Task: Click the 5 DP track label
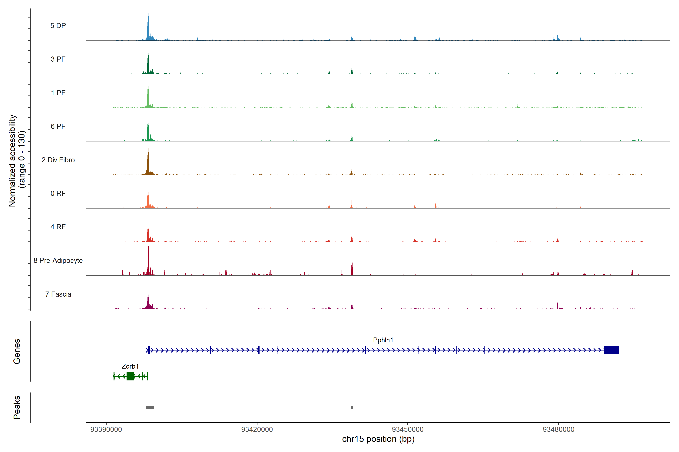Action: [x=58, y=26]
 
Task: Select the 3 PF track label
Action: [x=58, y=59]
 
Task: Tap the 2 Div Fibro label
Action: [x=58, y=160]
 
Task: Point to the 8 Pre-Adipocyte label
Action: [x=58, y=261]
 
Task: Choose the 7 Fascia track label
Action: [x=58, y=294]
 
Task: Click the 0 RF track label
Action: [x=58, y=193]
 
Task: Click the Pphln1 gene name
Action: [x=383, y=340]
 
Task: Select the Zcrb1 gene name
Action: [x=130, y=366]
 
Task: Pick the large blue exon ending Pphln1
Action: [x=611, y=350]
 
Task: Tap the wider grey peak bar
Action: [x=150, y=408]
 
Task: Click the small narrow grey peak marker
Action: [x=352, y=408]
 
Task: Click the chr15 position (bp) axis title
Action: [x=378, y=439]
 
